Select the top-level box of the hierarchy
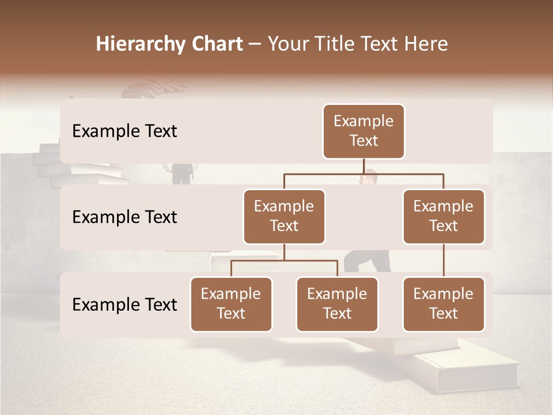363,131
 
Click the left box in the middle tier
284,216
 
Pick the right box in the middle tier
444,216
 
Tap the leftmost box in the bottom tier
231,304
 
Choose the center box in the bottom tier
337,304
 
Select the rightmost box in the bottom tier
444,304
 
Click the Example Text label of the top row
124,131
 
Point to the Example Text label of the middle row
124,217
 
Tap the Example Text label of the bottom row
124,304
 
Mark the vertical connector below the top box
363,166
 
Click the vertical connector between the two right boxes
444,261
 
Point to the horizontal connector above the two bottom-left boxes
284,261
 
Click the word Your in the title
289,44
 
